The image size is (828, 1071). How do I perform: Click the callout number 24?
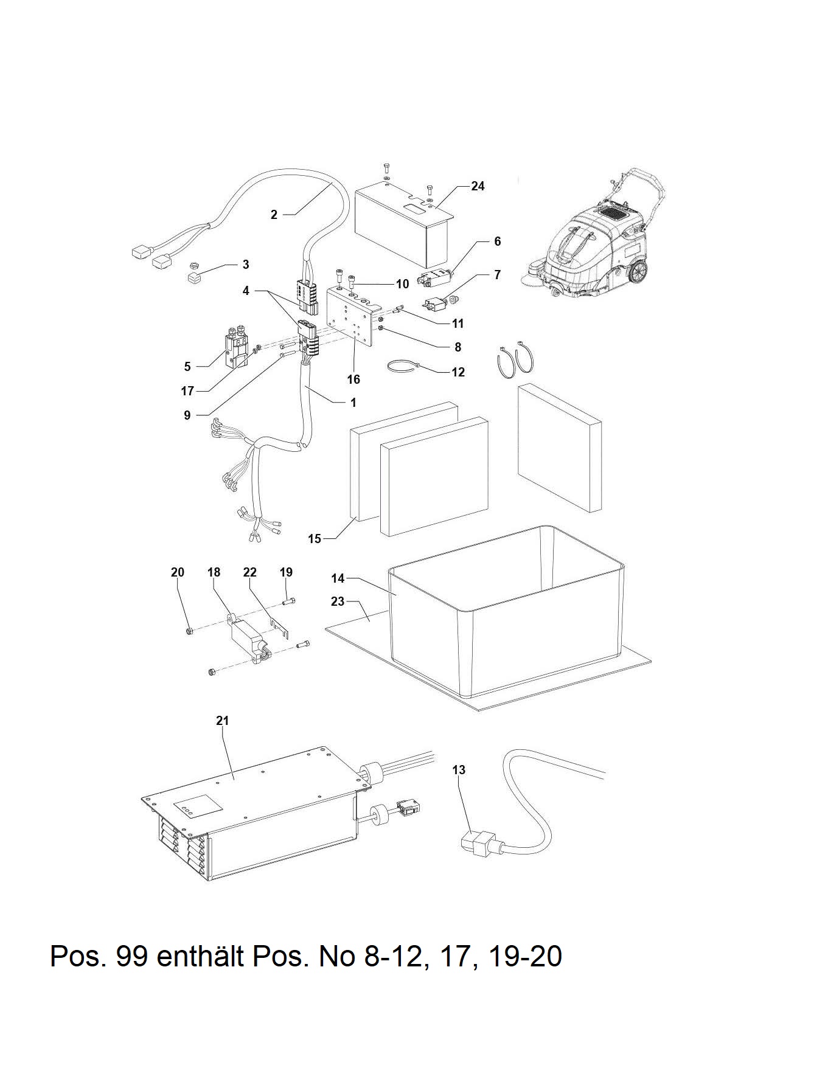coord(478,186)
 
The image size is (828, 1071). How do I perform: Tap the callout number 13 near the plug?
coord(459,770)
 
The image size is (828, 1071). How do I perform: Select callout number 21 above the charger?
coord(222,721)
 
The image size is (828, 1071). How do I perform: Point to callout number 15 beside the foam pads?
coord(314,539)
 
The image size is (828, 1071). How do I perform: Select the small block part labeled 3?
coord(195,279)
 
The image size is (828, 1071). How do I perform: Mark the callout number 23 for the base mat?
coord(337,601)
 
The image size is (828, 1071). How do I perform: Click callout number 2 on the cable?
coord(274,214)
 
